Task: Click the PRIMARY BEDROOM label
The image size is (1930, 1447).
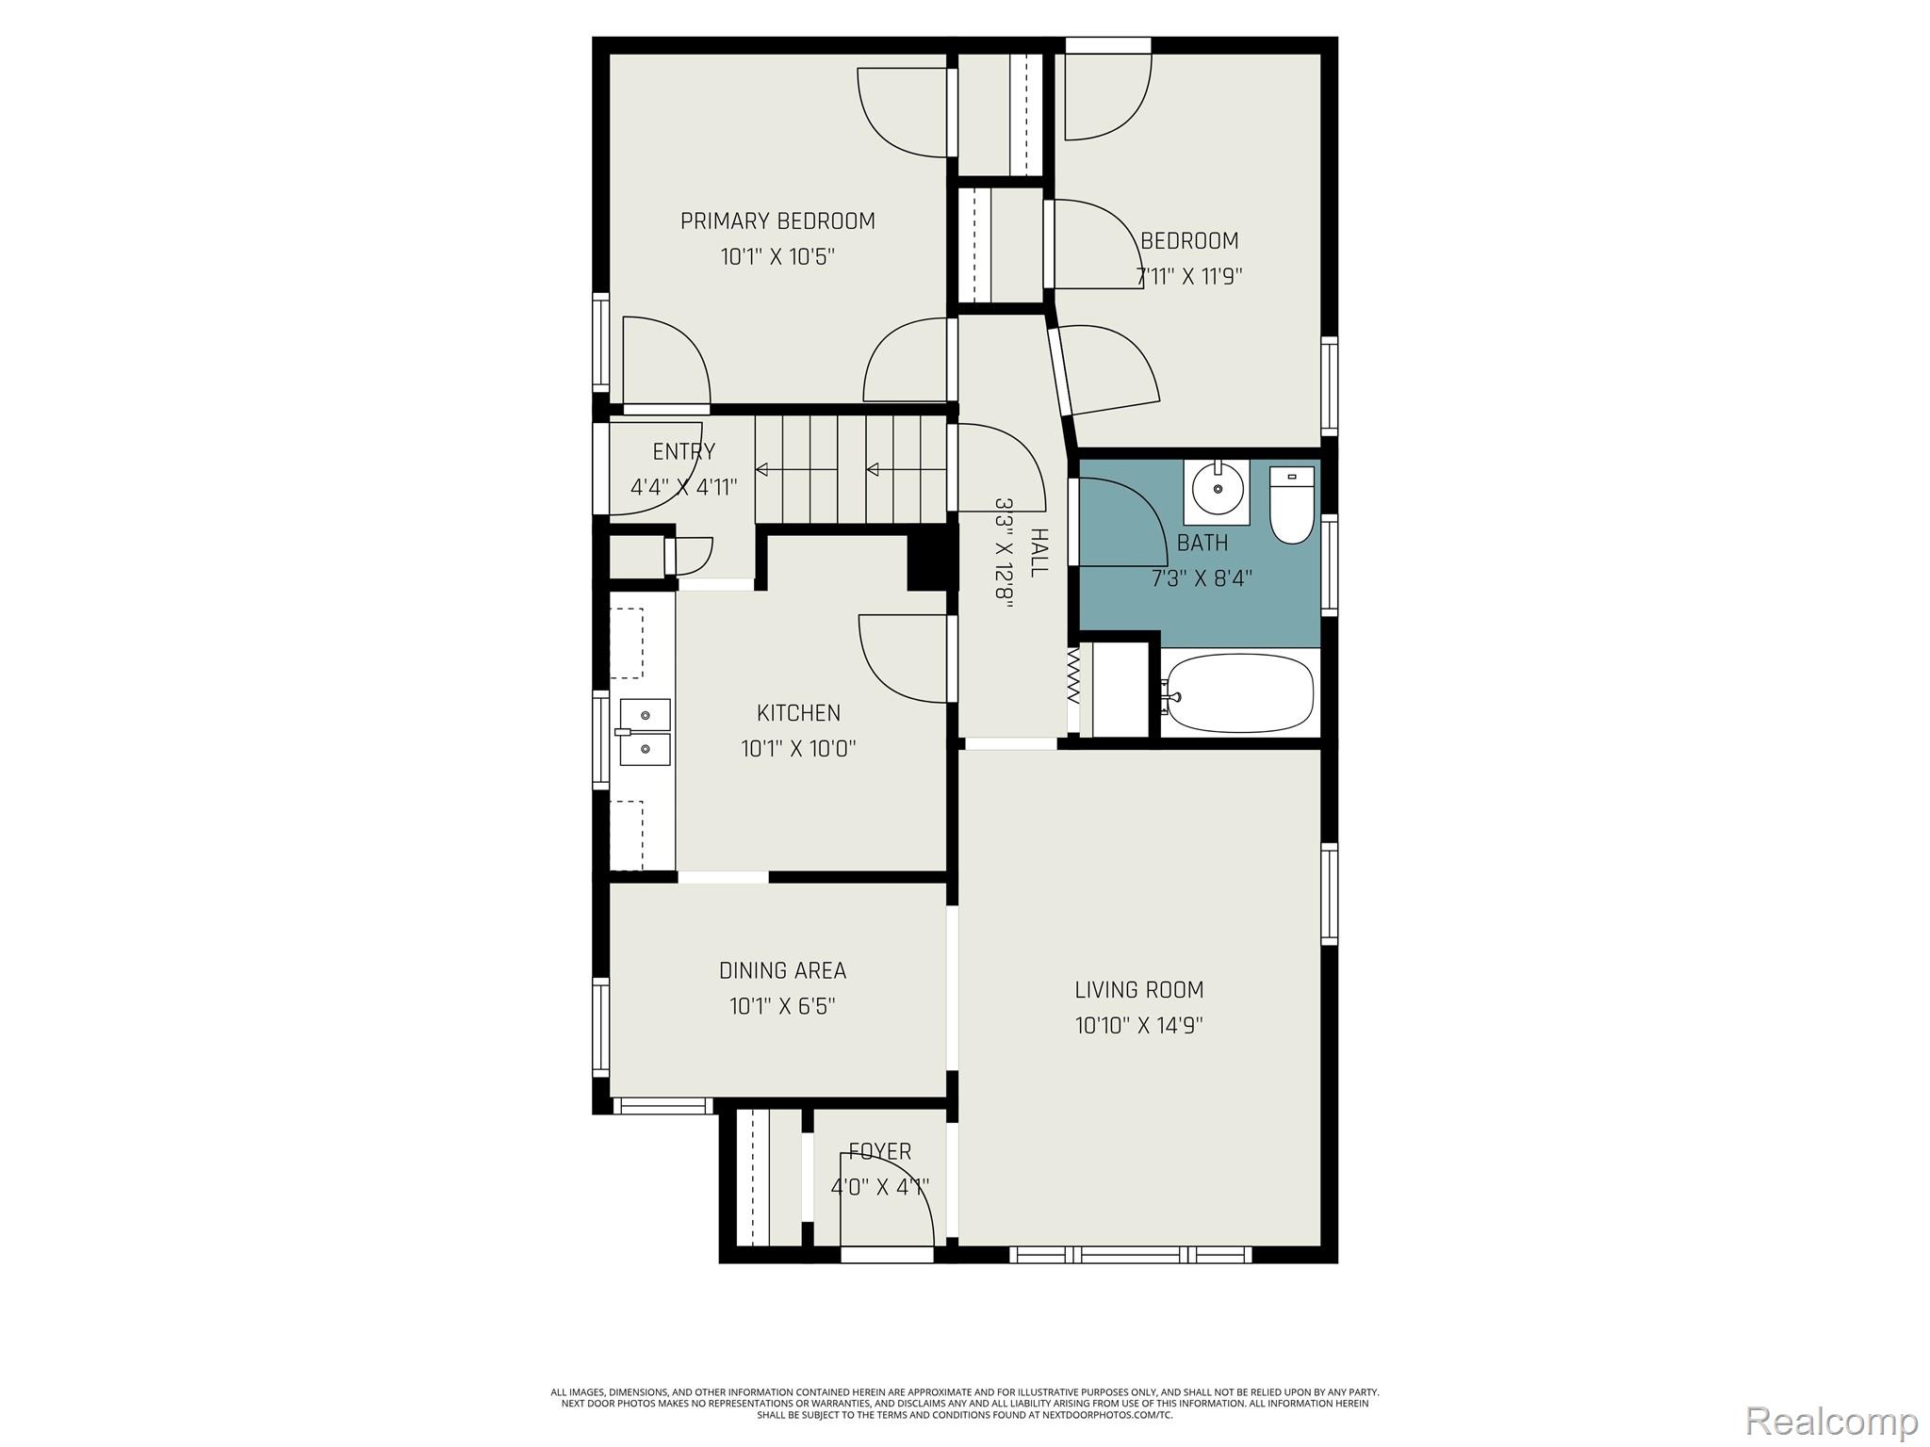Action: click(777, 221)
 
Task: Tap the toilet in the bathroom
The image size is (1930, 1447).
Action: click(1291, 504)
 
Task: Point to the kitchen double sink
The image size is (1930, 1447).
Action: click(645, 732)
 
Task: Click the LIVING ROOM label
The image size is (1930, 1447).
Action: click(1139, 990)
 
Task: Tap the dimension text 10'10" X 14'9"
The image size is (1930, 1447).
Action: click(1139, 1025)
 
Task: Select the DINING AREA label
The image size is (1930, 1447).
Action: click(782, 970)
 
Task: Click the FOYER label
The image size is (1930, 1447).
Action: click(880, 1151)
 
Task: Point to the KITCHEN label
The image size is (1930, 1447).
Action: click(798, 713)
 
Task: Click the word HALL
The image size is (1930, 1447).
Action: click(1039, 553)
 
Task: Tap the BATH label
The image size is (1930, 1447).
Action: click(1202, 543)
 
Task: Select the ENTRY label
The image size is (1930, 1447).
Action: click(684, 451)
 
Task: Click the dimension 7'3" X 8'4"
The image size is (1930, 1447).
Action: click(1202, 578)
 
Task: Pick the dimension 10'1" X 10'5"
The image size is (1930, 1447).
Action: click(777, 256)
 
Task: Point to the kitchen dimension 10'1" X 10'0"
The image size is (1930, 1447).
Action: click(798, 749)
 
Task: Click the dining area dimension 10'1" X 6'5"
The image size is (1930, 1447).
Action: click(782, 1006)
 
